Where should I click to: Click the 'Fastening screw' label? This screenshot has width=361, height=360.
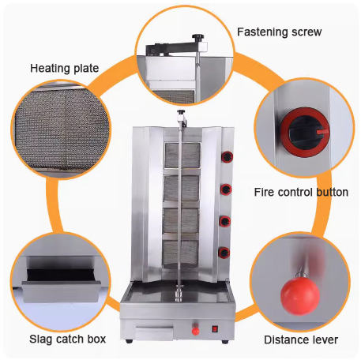[279, 32]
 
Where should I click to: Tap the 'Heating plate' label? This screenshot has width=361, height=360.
[65, 69]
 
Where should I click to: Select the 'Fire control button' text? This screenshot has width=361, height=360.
[301, 192]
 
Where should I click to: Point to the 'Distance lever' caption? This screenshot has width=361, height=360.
[301, 339]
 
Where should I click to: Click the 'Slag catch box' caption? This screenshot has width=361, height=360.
[67, 339]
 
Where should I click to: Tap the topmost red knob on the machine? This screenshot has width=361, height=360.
[227, 157]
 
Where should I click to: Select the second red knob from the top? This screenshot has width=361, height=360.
[226, 189]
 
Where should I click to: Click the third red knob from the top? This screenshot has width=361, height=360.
[225, 221]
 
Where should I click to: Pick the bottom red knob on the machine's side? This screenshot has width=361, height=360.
[224, 253]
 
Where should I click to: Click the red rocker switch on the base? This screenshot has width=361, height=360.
[215, 329]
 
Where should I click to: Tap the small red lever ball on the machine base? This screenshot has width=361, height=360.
[195, 331]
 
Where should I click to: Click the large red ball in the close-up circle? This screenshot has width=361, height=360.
[300, 296]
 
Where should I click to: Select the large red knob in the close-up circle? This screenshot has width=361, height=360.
[305, 132]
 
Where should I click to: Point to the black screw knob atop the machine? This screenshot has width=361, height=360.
[181, 112]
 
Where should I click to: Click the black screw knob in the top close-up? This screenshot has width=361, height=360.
[197, 37]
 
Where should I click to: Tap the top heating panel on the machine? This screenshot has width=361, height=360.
[182, 156]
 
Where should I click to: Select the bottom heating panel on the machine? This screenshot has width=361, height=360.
[180, 254]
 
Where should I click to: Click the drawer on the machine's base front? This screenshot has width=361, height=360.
[155, 332]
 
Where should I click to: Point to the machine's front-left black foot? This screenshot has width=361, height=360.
[129, 341]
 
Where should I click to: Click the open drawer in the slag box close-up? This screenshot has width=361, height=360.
[62, 286]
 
